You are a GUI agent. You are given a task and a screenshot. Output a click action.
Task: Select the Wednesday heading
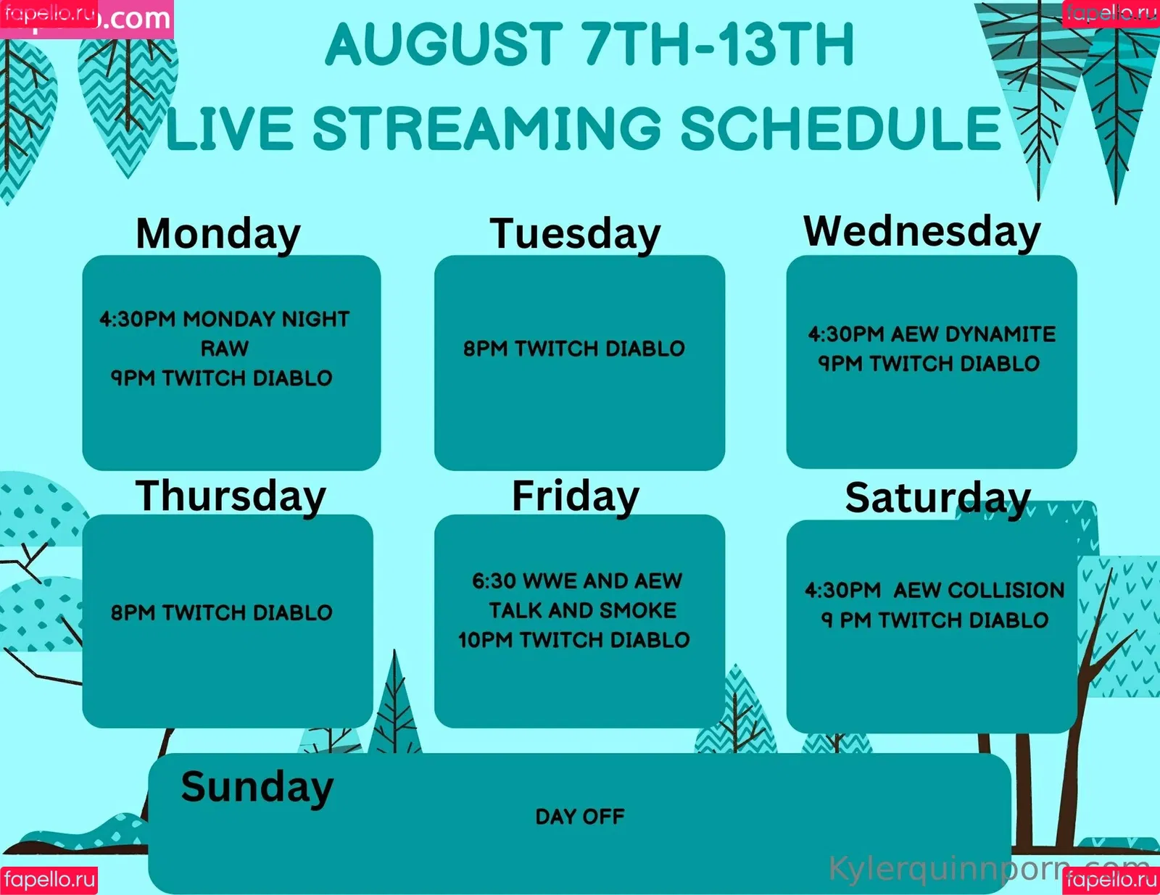coord(922,232)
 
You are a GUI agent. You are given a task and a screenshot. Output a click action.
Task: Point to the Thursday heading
coord(231,496)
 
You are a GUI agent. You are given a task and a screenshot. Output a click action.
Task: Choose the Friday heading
coord(576,496)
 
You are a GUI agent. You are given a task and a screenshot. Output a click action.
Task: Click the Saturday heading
coord(937,498)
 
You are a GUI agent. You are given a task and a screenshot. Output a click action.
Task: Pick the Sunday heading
coord(257,787)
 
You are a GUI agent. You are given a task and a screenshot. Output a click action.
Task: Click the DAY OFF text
coord(580,817)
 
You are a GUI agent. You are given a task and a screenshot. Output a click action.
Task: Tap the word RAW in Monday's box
coord(225,349)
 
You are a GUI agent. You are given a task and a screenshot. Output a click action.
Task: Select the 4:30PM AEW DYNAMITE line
coord(932,334)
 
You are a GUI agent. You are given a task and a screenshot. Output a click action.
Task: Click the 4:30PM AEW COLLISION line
coord(935,590)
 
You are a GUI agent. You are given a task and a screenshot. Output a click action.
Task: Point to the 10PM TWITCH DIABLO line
coord(574,639)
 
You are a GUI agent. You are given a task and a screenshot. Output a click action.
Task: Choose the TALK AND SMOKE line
coord(582,610)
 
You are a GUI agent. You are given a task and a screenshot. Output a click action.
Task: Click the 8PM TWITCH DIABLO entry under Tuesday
coord(574,349)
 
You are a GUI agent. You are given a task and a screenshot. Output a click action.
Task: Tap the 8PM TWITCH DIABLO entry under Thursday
coord(222,612)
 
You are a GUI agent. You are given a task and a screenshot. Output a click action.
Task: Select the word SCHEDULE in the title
coord(841,128)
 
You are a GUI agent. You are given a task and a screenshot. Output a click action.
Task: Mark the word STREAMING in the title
coord(487,128)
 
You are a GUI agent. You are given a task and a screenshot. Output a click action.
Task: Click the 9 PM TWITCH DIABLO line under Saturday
coord(935,620)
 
